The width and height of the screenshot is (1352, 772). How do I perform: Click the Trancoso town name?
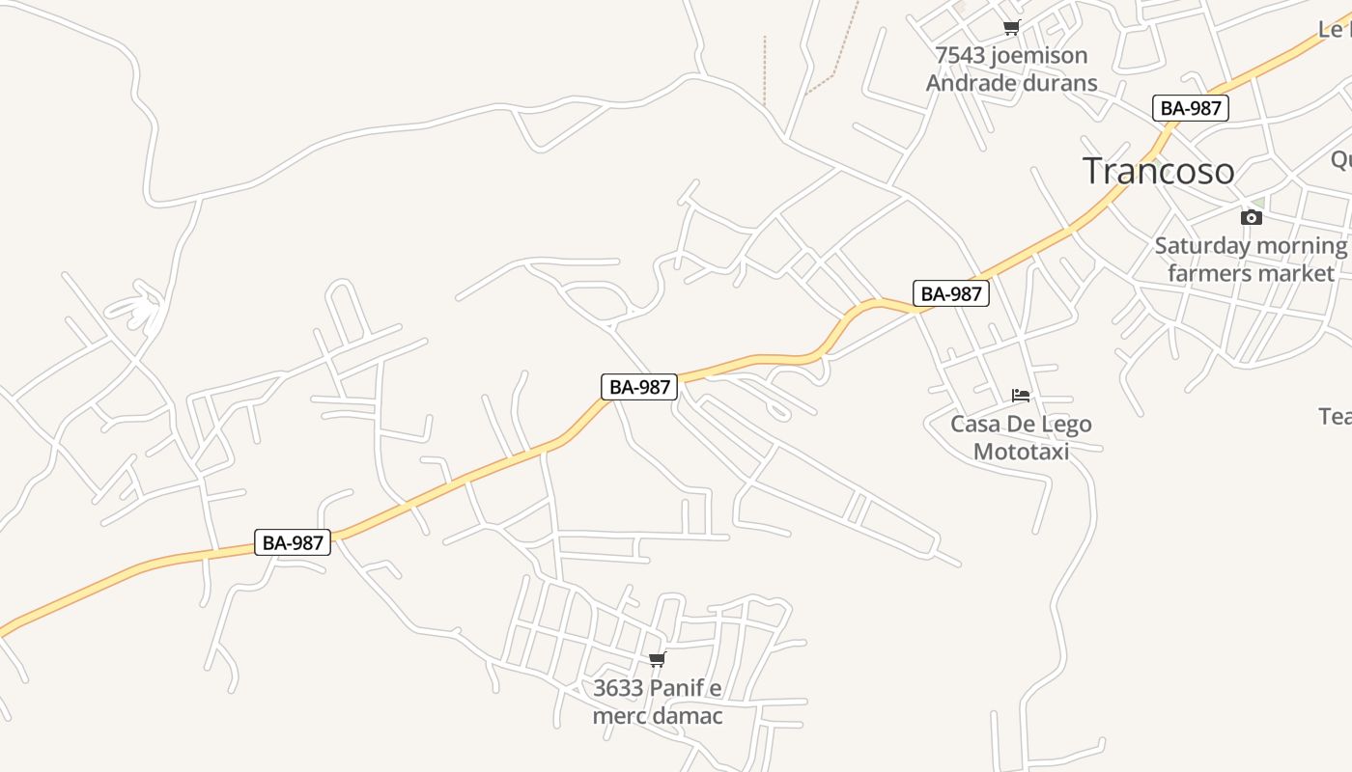(1158, 171)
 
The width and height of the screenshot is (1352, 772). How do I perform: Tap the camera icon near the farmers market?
(1251, 217)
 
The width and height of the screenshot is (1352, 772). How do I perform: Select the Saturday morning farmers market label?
(1251, 260)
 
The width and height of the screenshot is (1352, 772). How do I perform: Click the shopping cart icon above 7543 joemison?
(1011, 28)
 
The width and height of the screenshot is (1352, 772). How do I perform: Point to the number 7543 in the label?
(960, 56)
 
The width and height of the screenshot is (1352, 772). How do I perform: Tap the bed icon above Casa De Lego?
(1021, 395)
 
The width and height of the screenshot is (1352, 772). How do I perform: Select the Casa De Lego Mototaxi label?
(1021, 437)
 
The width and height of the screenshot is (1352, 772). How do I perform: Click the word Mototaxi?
(1021, 451)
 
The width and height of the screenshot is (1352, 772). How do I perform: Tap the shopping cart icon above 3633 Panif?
(657, 660)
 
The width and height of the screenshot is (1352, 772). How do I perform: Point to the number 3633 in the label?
(618, 689)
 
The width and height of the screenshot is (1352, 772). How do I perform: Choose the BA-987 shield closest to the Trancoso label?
(1191, 108)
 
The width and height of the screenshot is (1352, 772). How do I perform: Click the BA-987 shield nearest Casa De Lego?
(951, 293)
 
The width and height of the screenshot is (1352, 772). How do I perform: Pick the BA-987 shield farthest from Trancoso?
(293, 542)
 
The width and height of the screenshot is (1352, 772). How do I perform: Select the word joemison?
(1038, 56)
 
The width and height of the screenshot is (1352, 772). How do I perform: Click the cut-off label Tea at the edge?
(1336, 416)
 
